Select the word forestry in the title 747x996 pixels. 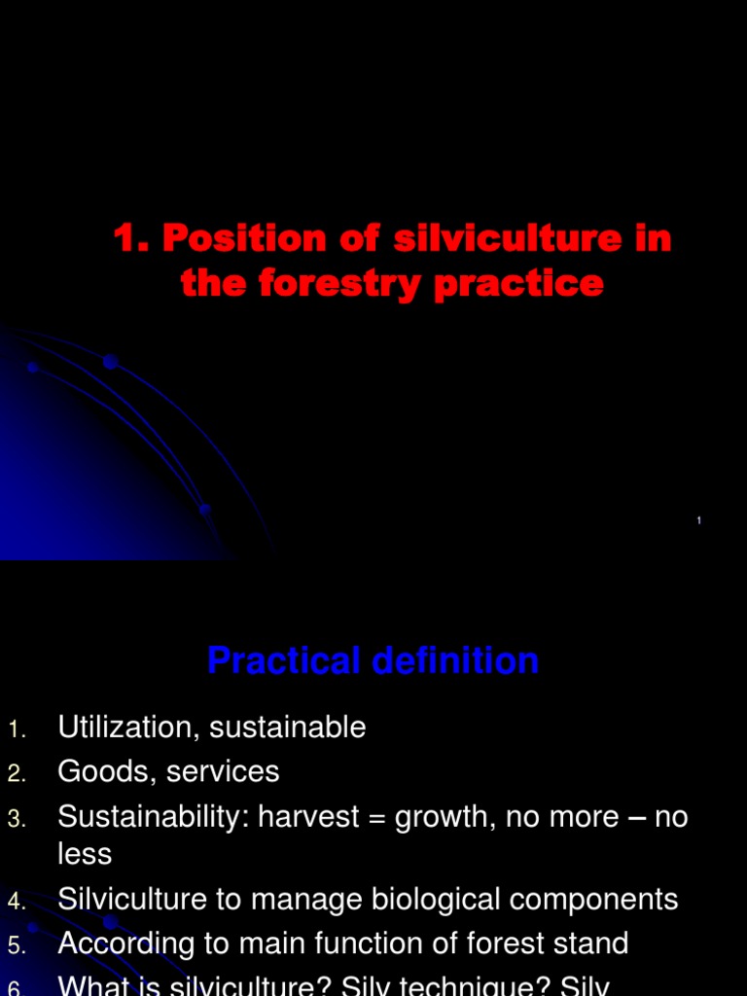click(x=329, y=283)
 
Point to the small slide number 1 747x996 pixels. click(x=699, y=522)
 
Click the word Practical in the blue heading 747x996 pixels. click(x=278, y=661)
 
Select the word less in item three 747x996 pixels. click(x=85, y=855)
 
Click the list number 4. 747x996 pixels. click(x=15, y=902)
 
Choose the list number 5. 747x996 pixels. click(x=15, y=945)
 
